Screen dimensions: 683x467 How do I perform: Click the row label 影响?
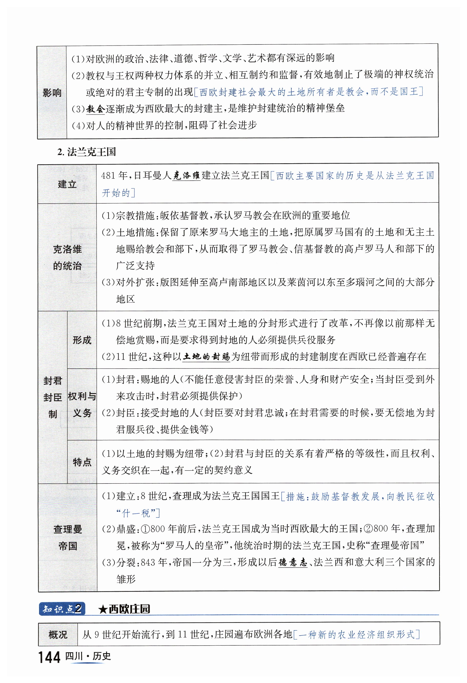(x=52, y=93)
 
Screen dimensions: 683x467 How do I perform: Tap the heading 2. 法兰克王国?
(x=87, y=152)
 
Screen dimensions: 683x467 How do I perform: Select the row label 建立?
(x=67, y=184)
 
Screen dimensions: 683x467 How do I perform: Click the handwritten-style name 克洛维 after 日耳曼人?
(x=186, y=176)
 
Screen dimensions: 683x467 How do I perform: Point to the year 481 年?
(x=114, y=176)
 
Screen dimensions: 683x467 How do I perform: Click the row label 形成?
(x=82, y=340)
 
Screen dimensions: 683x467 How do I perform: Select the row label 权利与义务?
(x=82, y=405)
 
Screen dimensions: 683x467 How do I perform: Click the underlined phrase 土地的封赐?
(x=206, y=357)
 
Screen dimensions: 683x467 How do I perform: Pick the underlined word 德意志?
(x=293, y=562)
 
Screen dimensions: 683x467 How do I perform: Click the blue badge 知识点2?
(x=62, y=609)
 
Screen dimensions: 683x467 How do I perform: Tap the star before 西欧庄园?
(x=103, y=609)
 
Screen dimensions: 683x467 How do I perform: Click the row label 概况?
(x=58, y=635)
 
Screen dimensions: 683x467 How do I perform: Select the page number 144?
(x=49, y=657)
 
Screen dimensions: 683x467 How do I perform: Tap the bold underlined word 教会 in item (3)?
(x=96, y=109)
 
